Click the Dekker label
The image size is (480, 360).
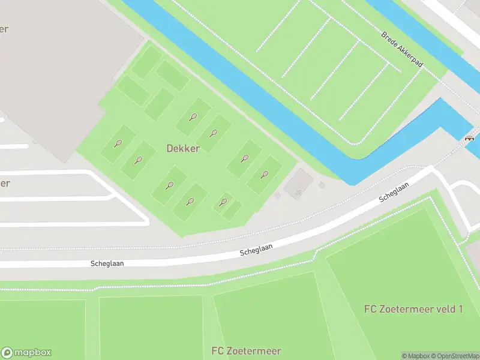[184, 148]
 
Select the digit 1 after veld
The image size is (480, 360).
[460, 309]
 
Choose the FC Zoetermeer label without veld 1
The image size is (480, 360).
[246, 351]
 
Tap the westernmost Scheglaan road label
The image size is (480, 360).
[107, 263]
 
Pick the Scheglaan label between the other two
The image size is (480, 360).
[256, 248]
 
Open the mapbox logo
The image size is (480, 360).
[26, 353]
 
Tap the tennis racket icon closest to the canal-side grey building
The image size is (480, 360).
[264, 175]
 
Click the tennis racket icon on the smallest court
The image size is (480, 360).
[224, 202]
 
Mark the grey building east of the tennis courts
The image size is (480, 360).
[298, 184]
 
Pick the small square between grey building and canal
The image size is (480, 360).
[322, 185]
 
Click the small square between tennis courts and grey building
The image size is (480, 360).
[277, 195]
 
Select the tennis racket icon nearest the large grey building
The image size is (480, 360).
[118, 143]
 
